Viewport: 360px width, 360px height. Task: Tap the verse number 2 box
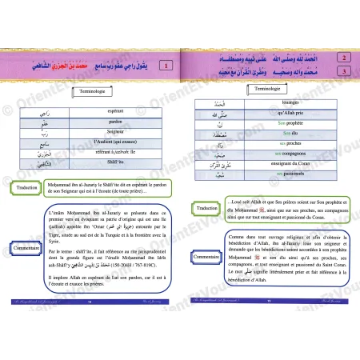click(342, 59)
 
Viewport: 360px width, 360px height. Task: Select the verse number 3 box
click(342, 72)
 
